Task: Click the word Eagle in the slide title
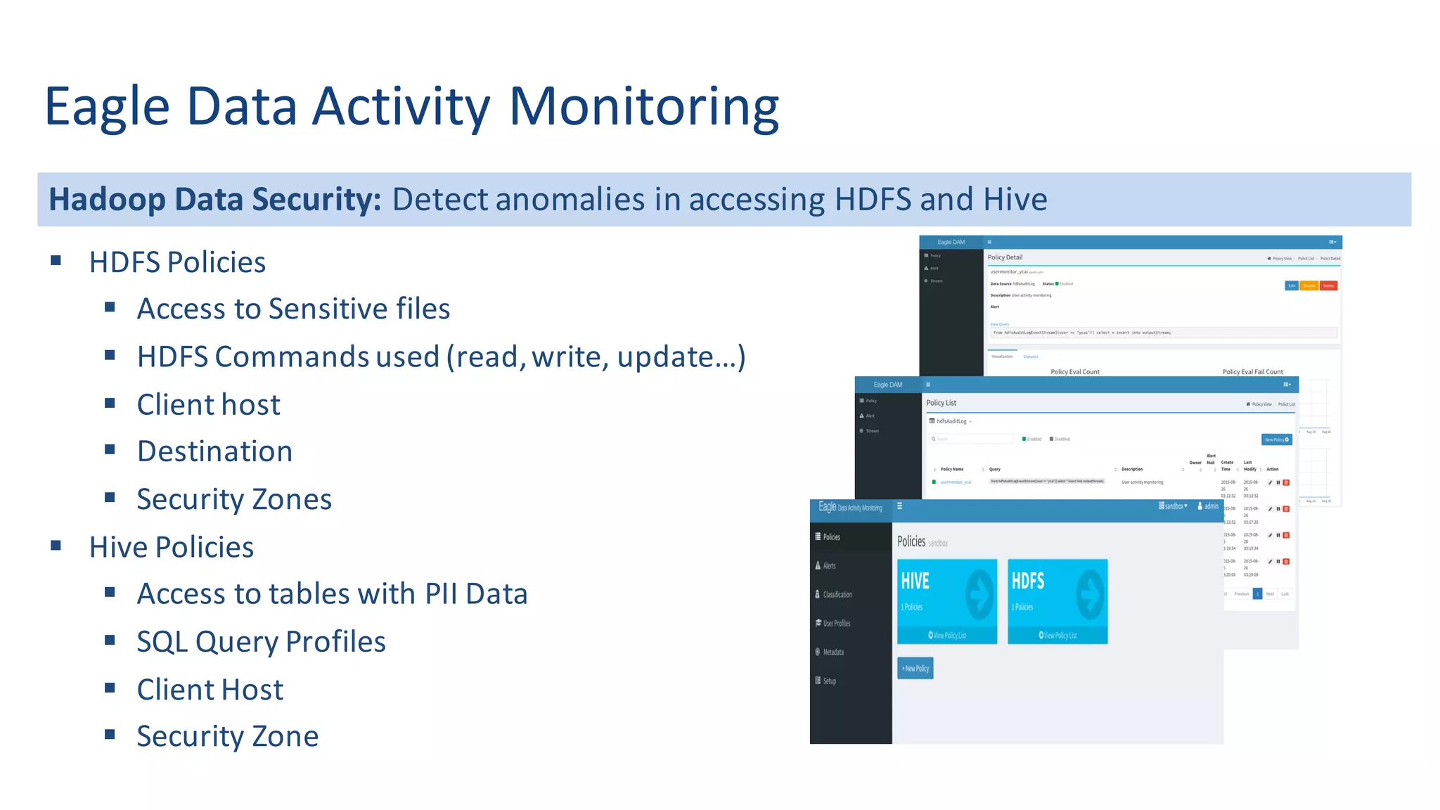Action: [x=107, y=107]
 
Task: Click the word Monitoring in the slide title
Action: [x=643, y=107]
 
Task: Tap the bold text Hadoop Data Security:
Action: [x=214, y=200]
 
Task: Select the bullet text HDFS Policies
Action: [x=177, y=262]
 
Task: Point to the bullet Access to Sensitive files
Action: [x=293, y=309]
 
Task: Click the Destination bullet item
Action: [x=214, y=451]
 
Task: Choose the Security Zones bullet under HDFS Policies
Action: [x=234, y=499]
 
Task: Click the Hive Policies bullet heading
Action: [x=171, y=547]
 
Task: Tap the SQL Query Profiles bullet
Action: [x=261, y=642]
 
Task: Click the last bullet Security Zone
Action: [x=227, y=737]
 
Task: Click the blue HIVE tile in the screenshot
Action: [x=946, y=600]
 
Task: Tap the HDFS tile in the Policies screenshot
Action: [x=1057, y=600]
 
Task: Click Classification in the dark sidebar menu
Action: [x=837, y=595]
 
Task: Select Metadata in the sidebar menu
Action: [x=833, y=652]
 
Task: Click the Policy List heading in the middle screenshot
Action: [x=941, y=403]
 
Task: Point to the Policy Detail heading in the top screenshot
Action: [x=1005, y=257]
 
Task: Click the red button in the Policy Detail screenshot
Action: [x=1328, y=285]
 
